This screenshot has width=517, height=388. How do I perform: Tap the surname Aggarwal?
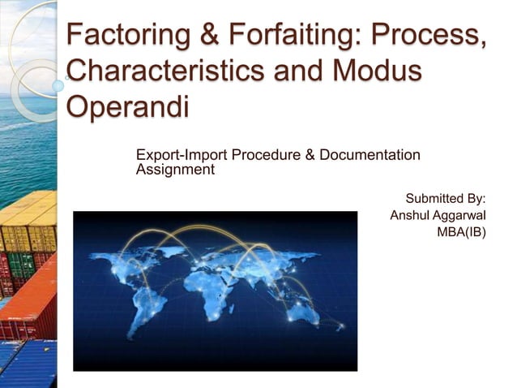tap(459, 216)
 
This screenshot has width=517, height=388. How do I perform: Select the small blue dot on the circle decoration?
tap(58, 84)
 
